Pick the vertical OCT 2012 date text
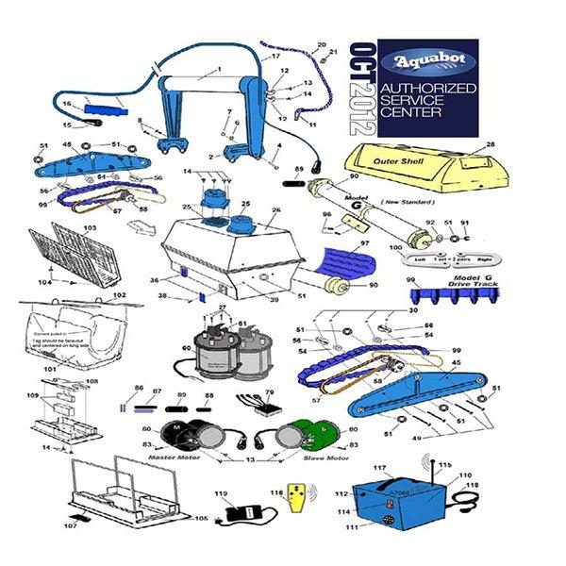362,89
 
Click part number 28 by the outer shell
491,144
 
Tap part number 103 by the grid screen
91,228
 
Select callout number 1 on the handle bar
218,70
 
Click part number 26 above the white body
276,210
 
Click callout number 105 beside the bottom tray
201,518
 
